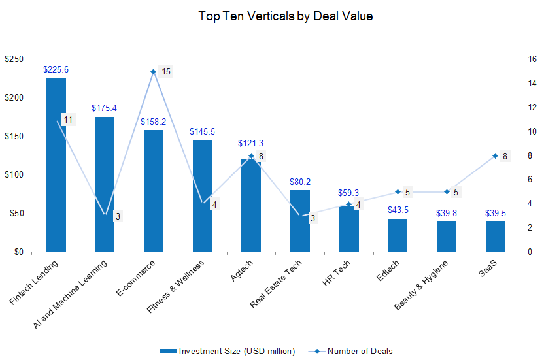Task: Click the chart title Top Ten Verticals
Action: pyautogui.click(x=286, y=16)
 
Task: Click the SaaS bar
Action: pyautogui.click(x=496, y=237)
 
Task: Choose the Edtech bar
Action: pyautogui.click(x=398, y=235)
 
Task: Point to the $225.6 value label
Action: pyautogui.click(x=56, y=69)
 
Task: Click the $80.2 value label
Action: pyautogui.click(x=300, y=182)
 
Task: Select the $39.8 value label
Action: pyautogui.click(x=447, y=213)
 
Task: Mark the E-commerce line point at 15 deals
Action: pyautogui.click(x=153, y=71)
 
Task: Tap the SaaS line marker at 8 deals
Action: pyautogui.click(x=496, y=155)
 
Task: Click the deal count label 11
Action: pyautogui.click(x=68, y=119)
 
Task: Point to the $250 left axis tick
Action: pyautogui.click(x=13, y=59)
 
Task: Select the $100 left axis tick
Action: pyautogui.click(x=13, y=174)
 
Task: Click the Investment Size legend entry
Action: pyautogui.click(x=228, y=351)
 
